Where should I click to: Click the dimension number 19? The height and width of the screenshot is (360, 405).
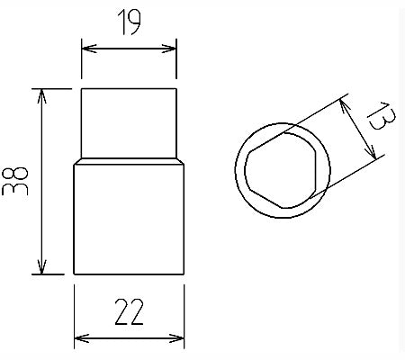[129, 22]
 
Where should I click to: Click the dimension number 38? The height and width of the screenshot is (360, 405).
[14, 182]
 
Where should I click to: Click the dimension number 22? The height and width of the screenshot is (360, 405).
[130, 312]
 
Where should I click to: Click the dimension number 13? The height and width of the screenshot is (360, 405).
[381, 116]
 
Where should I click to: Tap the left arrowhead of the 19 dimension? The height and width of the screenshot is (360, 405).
[89, 49]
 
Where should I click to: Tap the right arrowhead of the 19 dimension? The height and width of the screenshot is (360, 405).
[169, 49]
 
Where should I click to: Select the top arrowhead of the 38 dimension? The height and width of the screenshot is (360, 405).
[41, 96]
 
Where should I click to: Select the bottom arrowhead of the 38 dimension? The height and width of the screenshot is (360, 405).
[41, 266]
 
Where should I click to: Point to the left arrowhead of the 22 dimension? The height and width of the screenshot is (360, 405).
[82, 338]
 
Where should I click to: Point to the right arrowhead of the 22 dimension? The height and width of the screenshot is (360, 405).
[176, 338]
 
